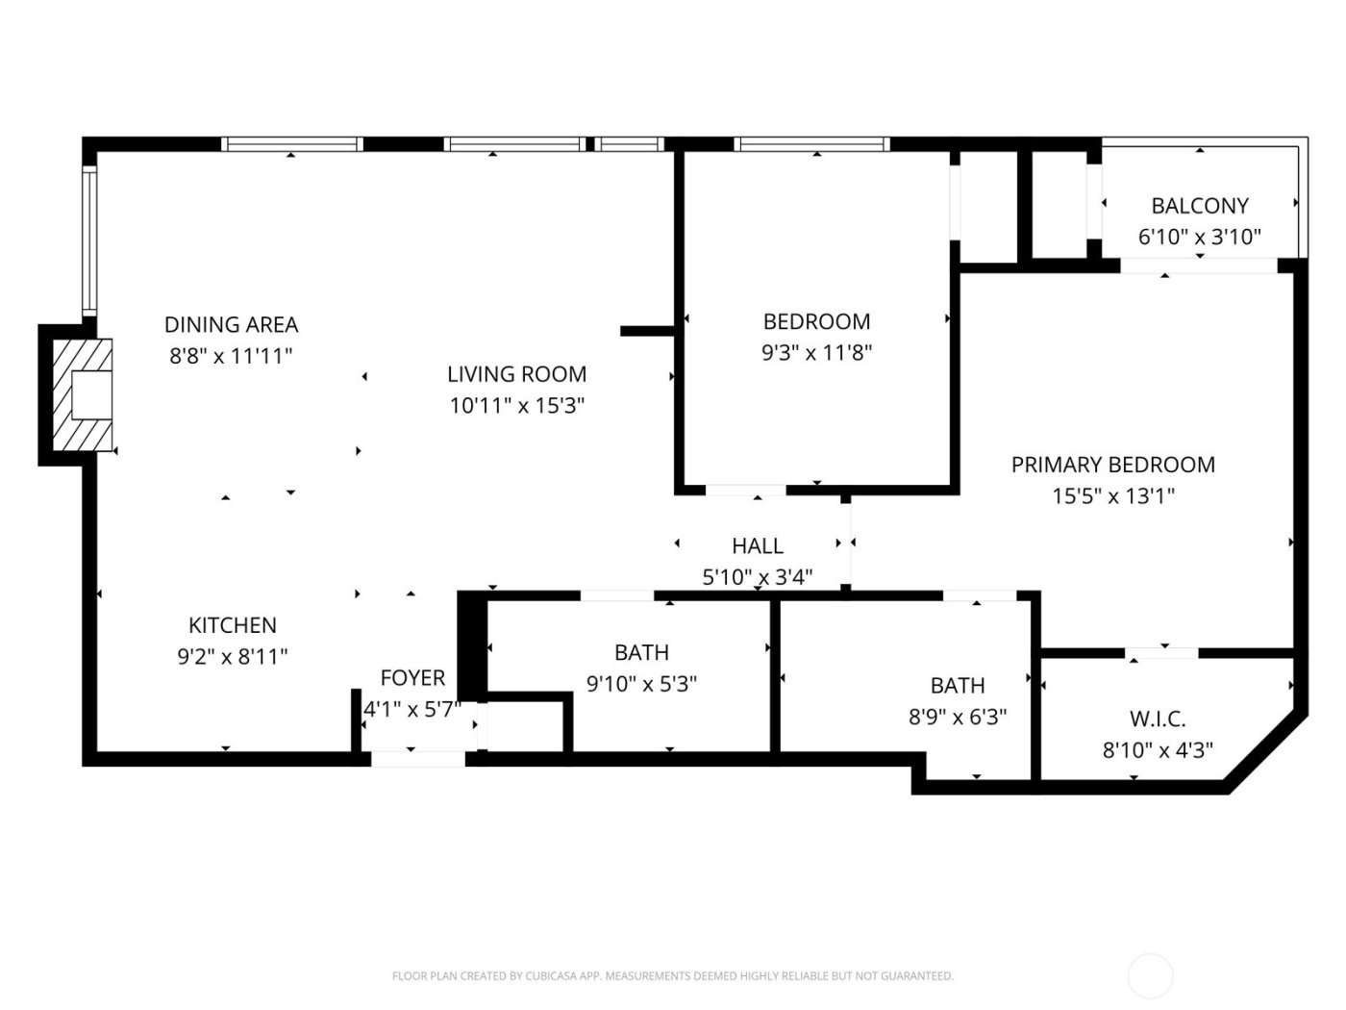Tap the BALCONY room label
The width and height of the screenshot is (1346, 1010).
point(1200,206)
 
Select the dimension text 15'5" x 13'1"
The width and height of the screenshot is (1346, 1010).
point(1112,496)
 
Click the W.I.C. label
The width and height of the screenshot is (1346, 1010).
point(1158,719)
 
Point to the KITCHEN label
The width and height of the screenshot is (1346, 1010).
point(233,625)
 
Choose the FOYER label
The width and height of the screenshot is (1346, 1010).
point(412,678)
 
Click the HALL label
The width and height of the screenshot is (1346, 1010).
point(758,546)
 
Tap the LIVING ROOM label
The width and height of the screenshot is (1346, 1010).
point(516,374)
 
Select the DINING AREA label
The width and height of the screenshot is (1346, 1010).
point(231,325)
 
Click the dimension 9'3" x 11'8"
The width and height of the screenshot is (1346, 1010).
point(816,353)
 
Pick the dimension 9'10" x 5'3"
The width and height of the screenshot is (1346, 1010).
point(641,684)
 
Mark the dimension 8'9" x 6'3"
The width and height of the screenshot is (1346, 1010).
point(958,717)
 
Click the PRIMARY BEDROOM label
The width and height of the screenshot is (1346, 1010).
point(1112,465)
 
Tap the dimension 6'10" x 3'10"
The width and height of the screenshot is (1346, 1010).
point(1200,237)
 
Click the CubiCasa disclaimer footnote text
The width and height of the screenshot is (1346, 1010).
point(673,976)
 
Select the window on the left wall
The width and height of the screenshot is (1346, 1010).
point(88,240)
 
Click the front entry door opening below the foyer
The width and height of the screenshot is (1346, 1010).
point(418,759)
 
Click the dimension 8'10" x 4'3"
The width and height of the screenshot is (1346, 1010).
point(1158,749)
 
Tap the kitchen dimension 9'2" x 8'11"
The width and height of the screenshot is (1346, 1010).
point(233,657)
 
